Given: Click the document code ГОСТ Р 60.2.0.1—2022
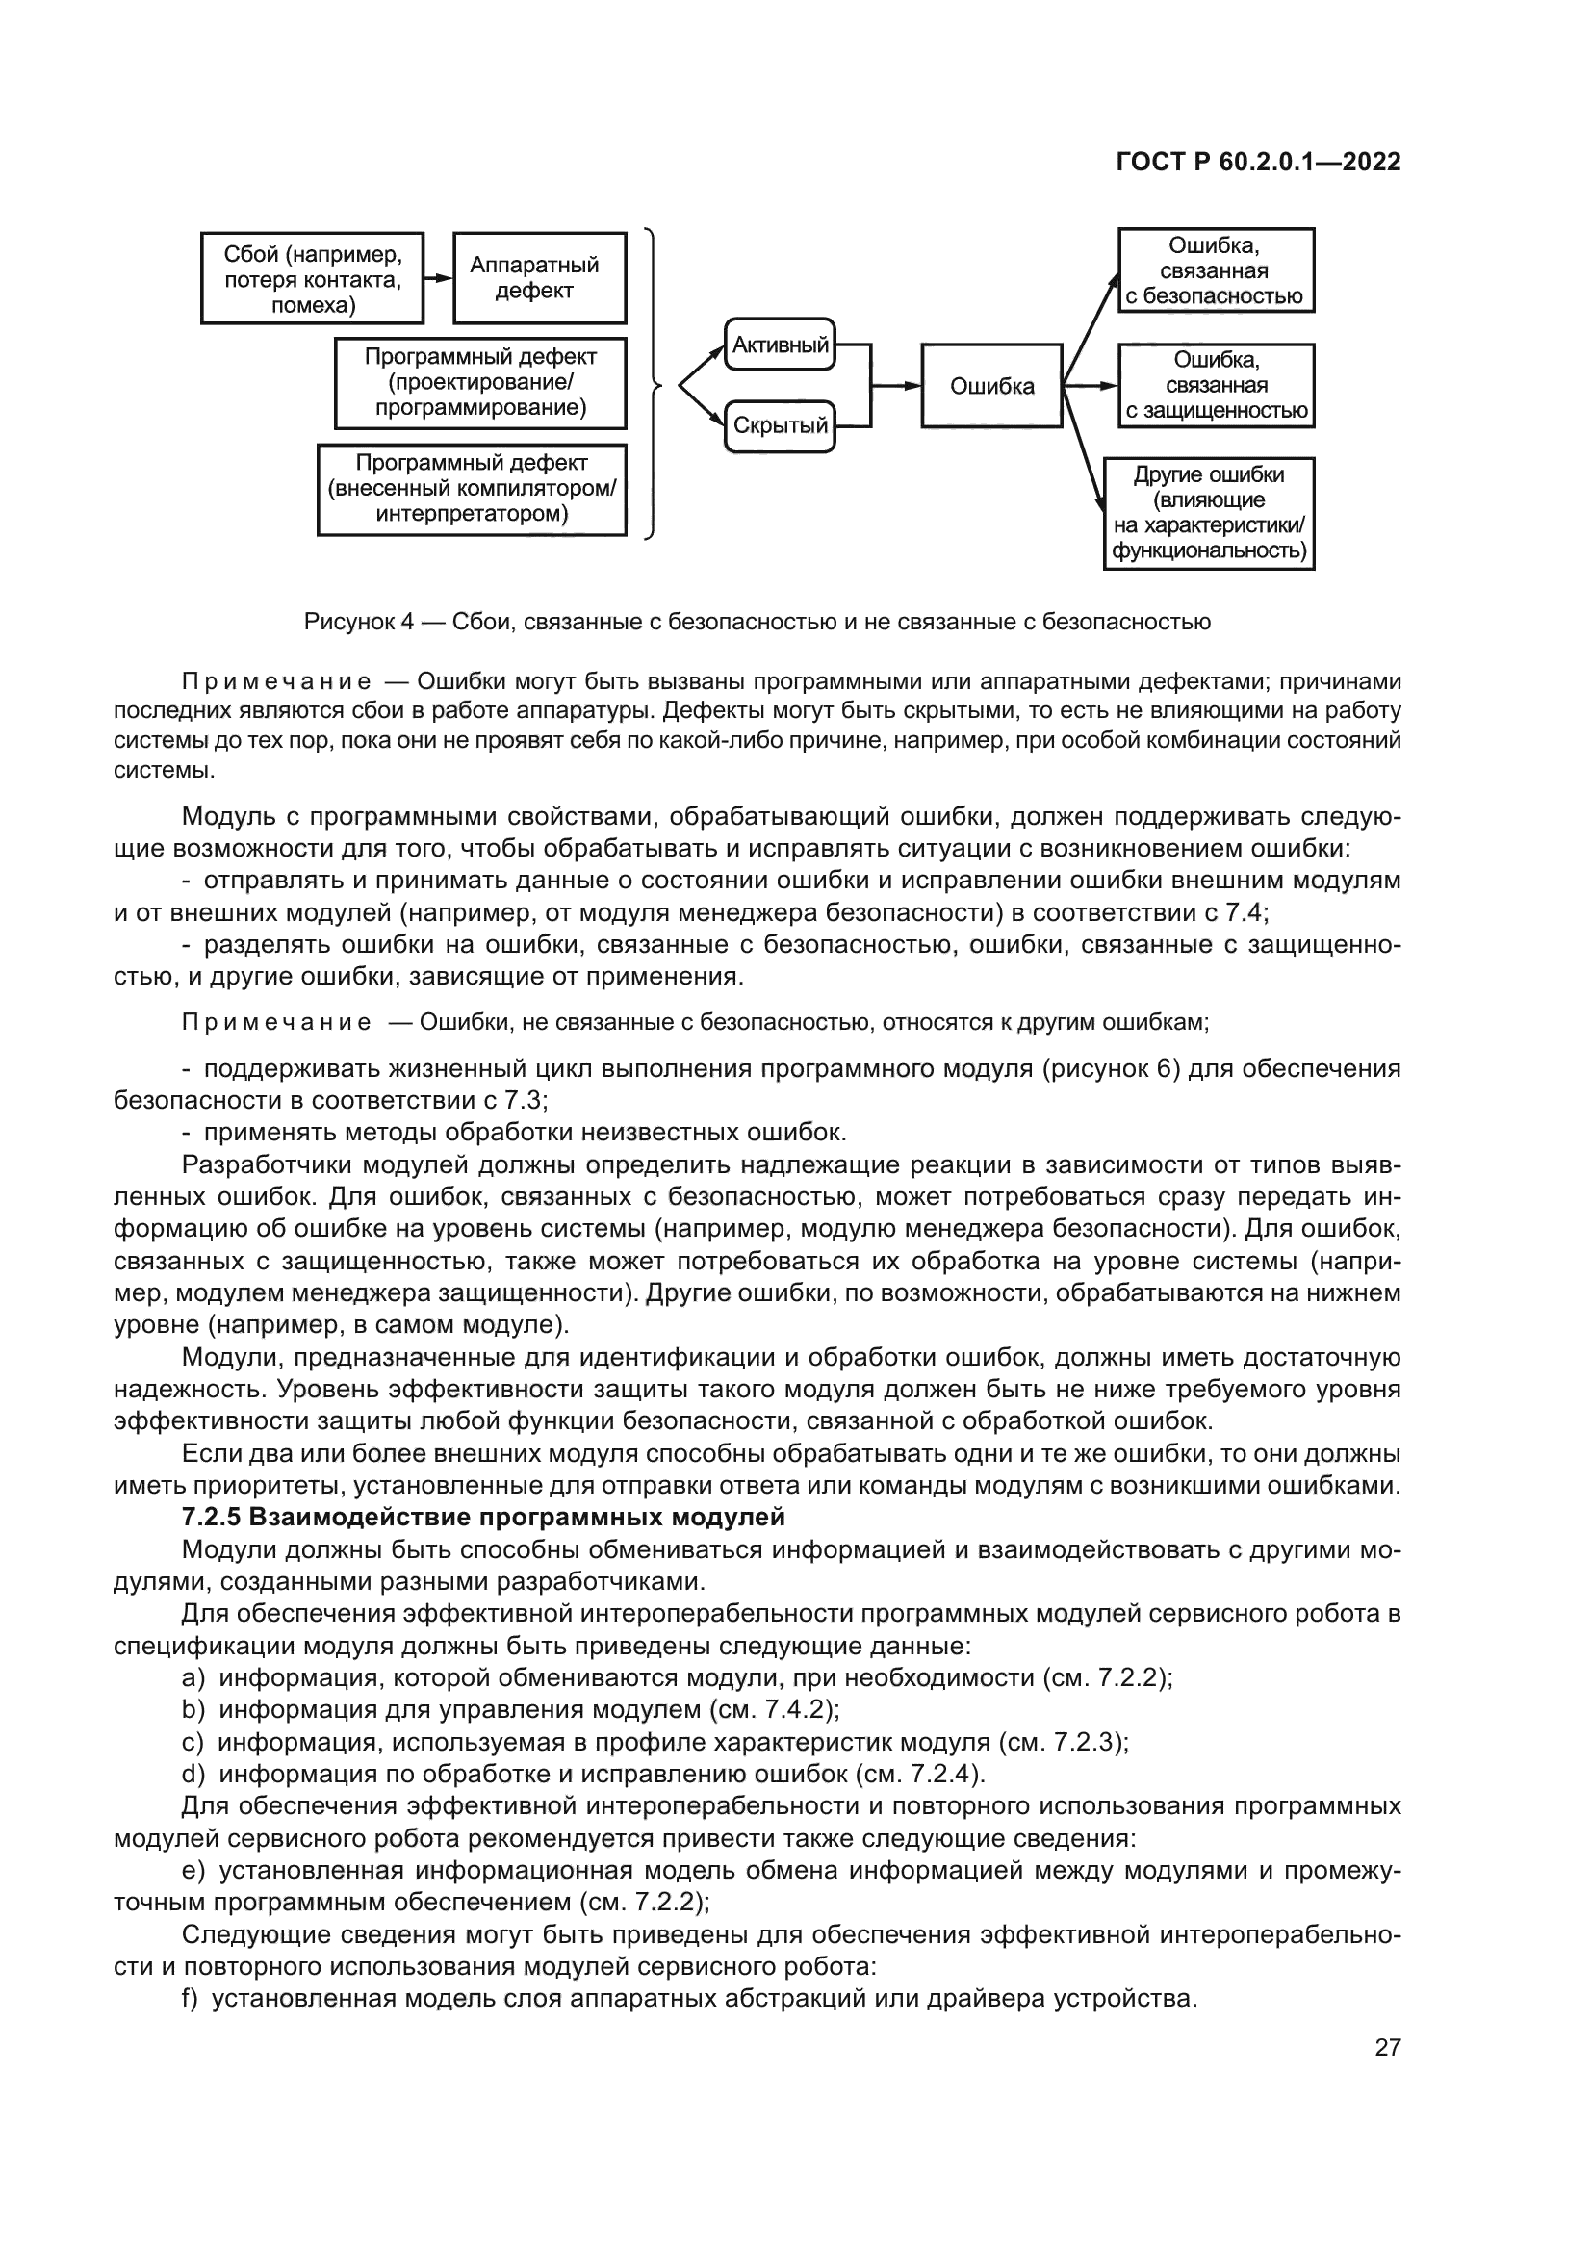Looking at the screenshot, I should pyautogui.click(x=1258, y=162).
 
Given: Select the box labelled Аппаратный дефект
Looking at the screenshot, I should pyautogui.click(x=539, y=277).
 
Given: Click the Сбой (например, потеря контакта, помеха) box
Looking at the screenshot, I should pyautogui.click(x=312, y=278).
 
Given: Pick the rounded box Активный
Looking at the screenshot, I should pyautogui.click(x=781, y=345).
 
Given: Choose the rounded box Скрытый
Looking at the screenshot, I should pyautogui.click(x=781, y=426).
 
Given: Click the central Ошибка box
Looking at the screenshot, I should pyautogui.click(x=991, y=385).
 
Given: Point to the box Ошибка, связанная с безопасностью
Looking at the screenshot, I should pyautogui.click(x=1216, y=270).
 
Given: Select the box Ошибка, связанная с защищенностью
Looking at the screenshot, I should pyautogui.click(x=1216, y=385).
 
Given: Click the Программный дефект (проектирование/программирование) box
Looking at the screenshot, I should pyautogui.click(x=480, y=383).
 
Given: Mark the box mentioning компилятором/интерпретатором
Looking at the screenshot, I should pyautogui.click(x=472, y=489).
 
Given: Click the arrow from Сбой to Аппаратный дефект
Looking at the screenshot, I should pyautogui.click(x=438, y=278).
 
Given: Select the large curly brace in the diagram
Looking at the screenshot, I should pyautogui.click(x=653, y=384).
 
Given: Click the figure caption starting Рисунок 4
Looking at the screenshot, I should pyautogui.click(x=757, y=622).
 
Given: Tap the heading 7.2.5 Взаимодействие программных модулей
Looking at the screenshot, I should pyautogui.click(x=483, y=1517).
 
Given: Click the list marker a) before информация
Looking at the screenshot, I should pyautogui.click(x=193, y=1677).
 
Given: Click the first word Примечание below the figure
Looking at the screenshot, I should pyautogui.click(x=275, y=682).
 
